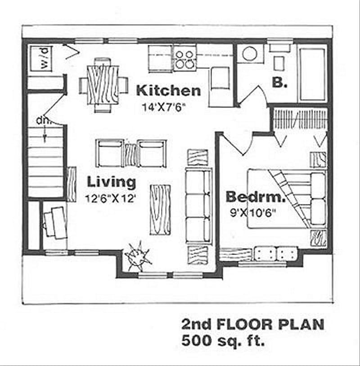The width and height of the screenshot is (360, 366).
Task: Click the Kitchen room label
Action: (168, 90)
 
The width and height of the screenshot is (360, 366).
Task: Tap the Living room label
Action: (111, 182)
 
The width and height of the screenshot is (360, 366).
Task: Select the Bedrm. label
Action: (256, 196)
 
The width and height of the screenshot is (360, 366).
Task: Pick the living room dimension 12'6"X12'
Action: (111, 198)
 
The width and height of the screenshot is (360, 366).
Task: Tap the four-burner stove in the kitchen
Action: (184, 59)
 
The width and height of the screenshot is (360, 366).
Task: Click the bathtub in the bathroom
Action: (312, 74)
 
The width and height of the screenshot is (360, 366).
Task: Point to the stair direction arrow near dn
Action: (45, 134)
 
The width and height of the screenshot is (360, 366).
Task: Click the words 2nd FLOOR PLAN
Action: (252, 325)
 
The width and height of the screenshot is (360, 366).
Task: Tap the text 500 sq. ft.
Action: (223, 340)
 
